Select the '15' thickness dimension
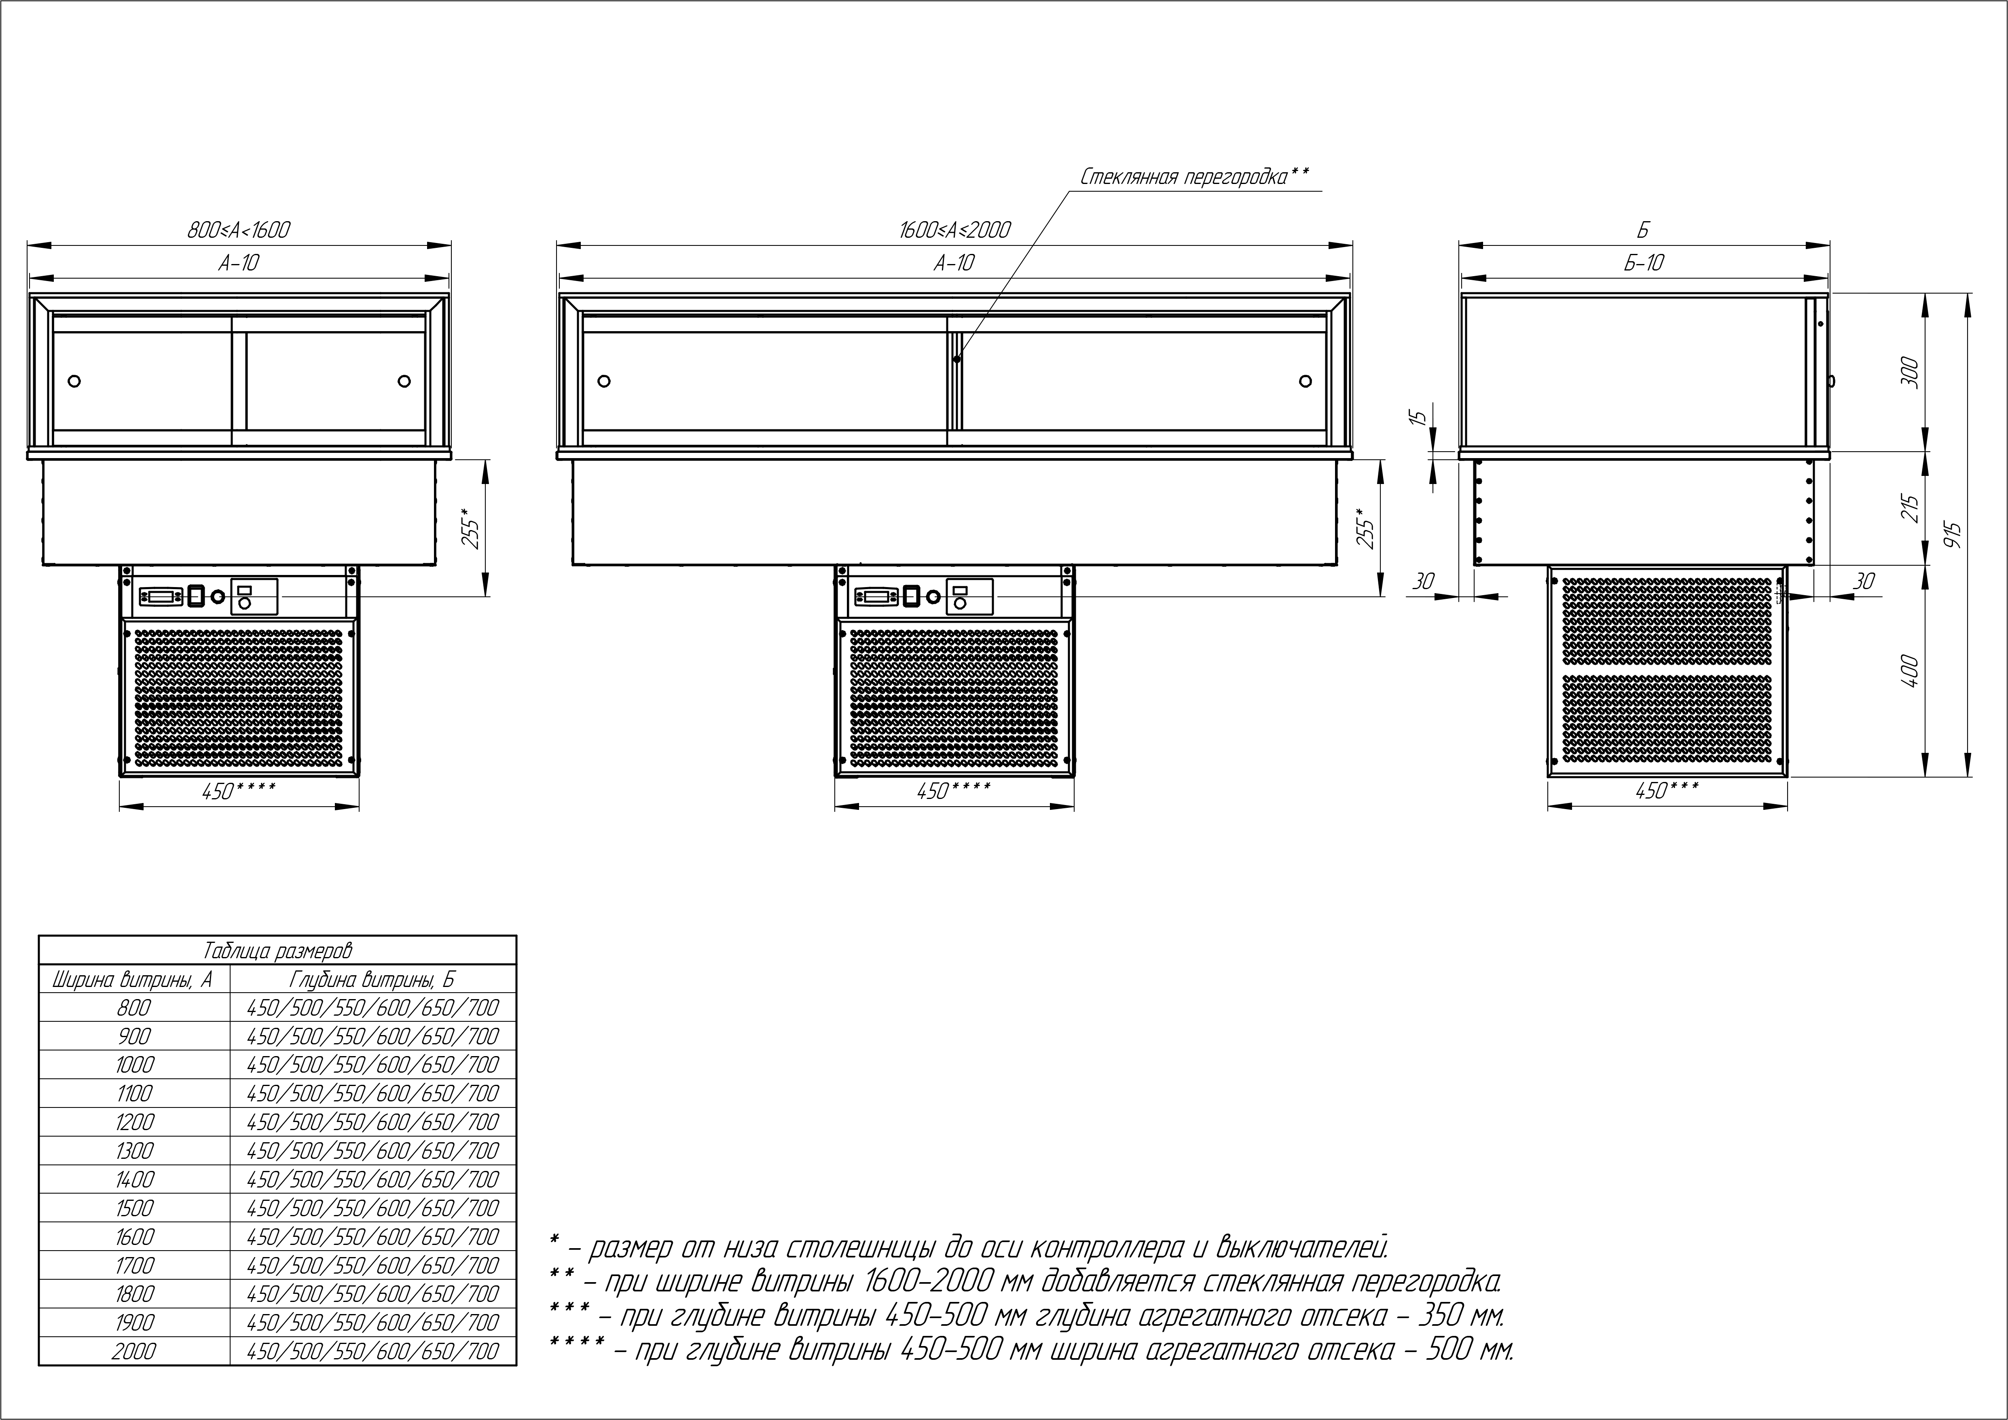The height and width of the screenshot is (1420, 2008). tap(1421, 417)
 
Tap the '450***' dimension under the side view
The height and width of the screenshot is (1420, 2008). tap(1666, 790)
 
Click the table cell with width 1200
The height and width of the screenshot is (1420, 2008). tap(134, 1122)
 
